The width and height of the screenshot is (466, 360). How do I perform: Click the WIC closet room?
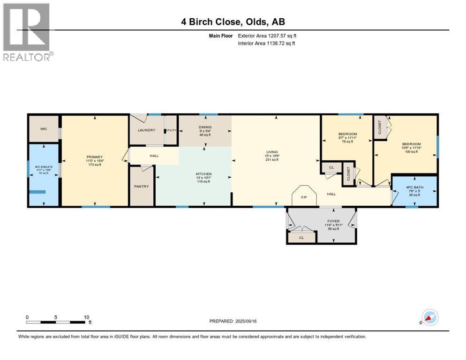44,128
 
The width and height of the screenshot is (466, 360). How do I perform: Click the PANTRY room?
142,187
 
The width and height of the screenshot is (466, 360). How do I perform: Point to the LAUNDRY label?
146,130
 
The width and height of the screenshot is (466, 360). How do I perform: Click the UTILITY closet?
171,130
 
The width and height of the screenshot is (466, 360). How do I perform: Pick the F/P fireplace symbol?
303,197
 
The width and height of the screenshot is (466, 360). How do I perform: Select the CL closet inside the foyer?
302,238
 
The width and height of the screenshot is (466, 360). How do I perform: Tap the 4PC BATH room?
414,191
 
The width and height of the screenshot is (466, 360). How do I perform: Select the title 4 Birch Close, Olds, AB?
233,22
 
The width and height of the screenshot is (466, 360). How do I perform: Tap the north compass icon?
429,317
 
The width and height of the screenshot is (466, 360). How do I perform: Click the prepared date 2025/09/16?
233,321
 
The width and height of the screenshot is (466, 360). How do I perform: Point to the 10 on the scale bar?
86,317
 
